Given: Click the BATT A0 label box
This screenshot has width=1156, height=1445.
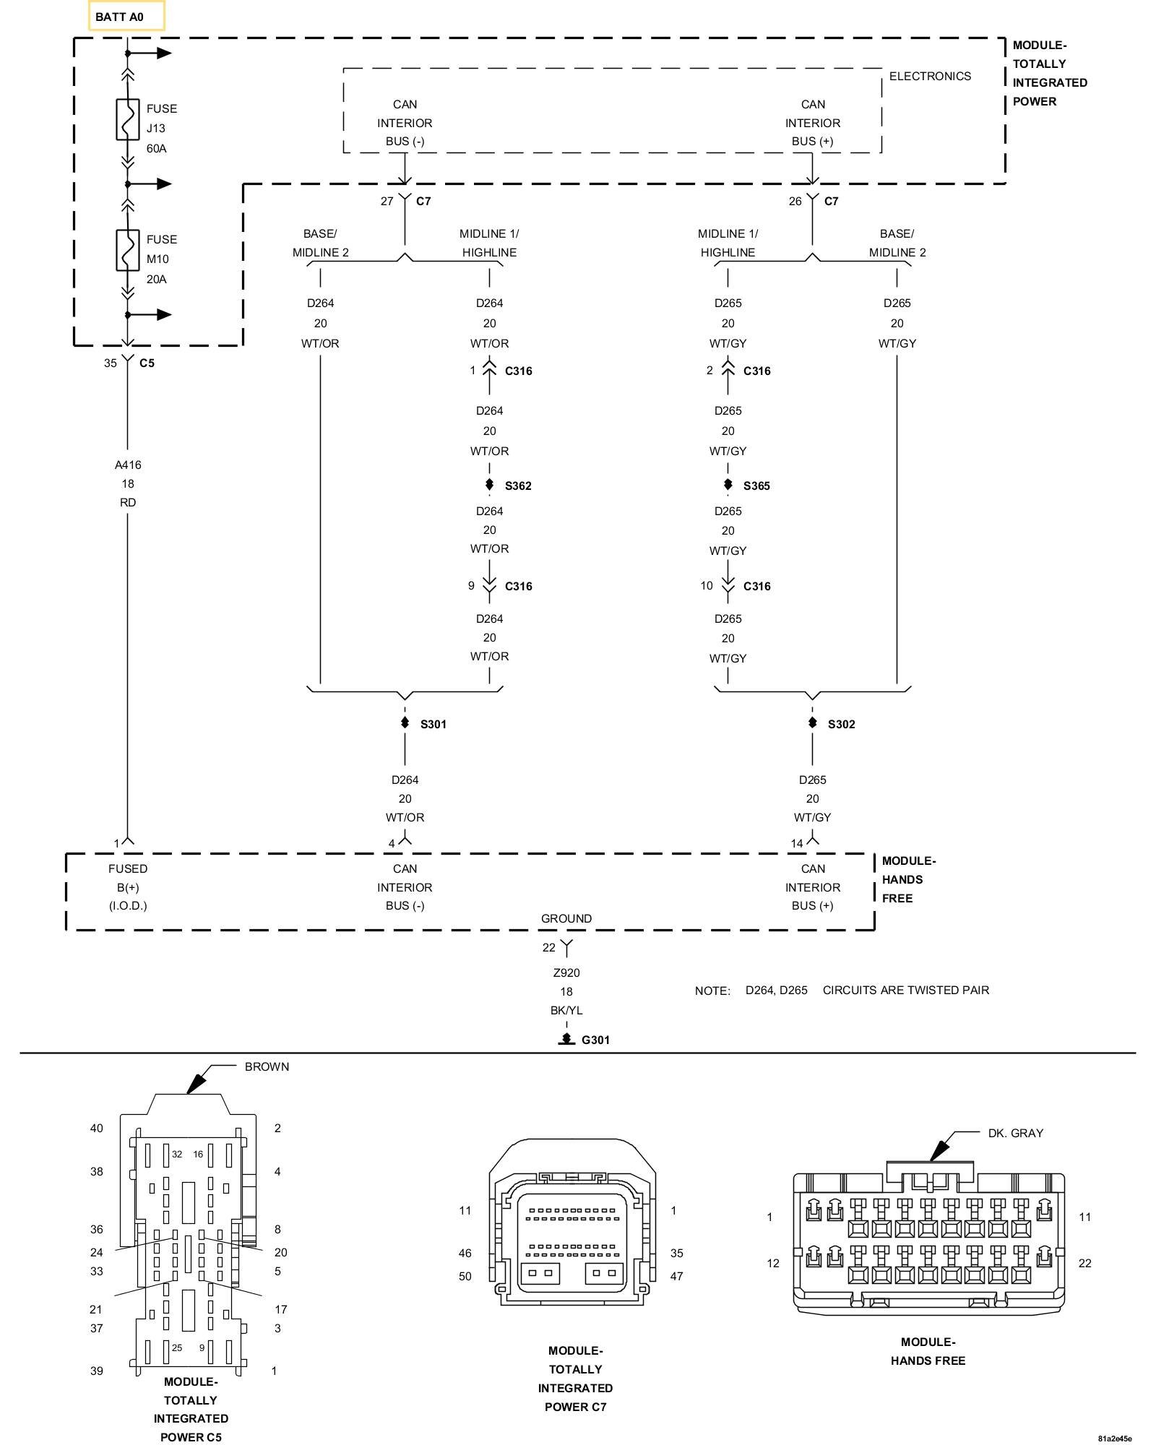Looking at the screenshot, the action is pyautogui.click(x=126, y=16).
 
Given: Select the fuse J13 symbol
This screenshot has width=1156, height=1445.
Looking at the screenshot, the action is pyautogui.click(x=128, y=119).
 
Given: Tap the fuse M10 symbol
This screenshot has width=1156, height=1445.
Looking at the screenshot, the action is pyautogui.click(x=128, y=250).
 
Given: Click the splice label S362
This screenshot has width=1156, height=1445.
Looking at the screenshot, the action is pyautogui.click(x=518, y=486).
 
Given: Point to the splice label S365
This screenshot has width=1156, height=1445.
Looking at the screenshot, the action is pyautogui.click(x=756, y=486).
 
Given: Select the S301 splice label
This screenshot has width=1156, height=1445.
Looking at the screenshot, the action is pyautogui.click(x=433, y=724).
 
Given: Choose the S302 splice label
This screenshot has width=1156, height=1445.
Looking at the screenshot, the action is pyautogui.click(x=842, y=724).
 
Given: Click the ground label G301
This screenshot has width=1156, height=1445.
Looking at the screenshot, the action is pyautogui.click(x=595, y=1040).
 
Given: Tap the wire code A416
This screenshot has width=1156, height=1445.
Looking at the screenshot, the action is pyautogui.click(x=128, y=465).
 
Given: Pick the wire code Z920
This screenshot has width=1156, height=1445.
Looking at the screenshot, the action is pyautogui.click(x=566, y=972).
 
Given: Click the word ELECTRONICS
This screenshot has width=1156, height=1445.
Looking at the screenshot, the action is pyautogui.click(x=930, y=76).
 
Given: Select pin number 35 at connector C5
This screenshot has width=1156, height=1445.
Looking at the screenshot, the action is pyautogui.click(x=110, y=363).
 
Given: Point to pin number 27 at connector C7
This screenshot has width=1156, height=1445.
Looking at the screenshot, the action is pyautogui.click(x=387, y=201).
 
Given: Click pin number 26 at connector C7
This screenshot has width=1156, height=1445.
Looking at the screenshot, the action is pyautogui.click(x=795, y=201).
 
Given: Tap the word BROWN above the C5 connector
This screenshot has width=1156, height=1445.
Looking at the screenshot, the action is pyautogui.click(x=267, y=1066).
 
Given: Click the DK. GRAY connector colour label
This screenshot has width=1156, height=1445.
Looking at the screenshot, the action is pyautogui.click(x=1016, y=1133).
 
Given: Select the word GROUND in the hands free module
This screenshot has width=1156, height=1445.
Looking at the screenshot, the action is pyautogui.click(x=566, y=918).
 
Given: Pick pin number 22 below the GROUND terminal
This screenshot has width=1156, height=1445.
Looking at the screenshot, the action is pyautogui.click(x=549, y=947).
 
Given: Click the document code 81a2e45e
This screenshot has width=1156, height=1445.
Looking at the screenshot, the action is pyautogui.click(x=1114, y=1438).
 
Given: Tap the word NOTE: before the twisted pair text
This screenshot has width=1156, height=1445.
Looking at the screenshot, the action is pyautogui.click(x=712, y=991).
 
